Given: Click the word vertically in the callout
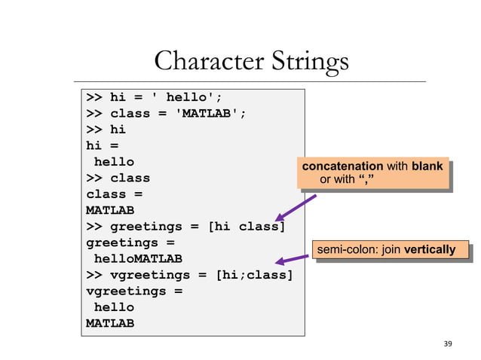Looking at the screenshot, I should (x=430, y=249).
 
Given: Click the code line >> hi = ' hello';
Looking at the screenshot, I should (x=154, y=96).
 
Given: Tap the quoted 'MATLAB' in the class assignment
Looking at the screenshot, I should (x=210, y=113).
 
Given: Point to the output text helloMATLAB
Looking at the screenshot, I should (x=137, y=259).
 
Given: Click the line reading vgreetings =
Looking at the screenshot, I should (x=133, y=291).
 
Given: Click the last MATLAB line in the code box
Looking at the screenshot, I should (x=110, y=324).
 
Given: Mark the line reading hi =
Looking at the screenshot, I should (x=102, y=145).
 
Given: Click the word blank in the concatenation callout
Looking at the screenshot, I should (x=427, y=166).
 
